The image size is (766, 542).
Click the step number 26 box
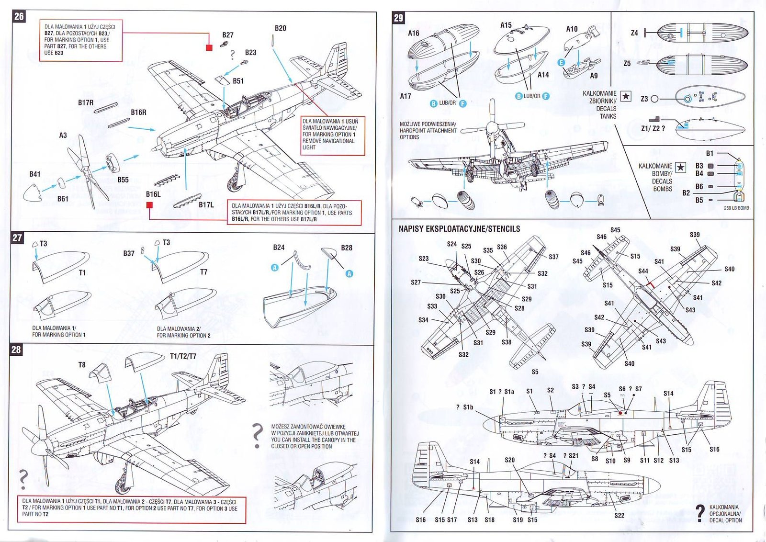coord(19,16)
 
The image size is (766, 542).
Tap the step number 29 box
coord(398,18)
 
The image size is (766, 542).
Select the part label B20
coord(281,28)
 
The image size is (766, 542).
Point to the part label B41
coord(35,174)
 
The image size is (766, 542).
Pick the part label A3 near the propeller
coord(63,135)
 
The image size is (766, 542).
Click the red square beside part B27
coord(209,47)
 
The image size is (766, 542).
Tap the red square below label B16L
coord(149,205)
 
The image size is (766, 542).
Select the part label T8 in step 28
coord(82,365)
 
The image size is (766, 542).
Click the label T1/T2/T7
coord(183,356)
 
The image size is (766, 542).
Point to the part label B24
coord(279,248)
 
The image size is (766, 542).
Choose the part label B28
coord(347,248)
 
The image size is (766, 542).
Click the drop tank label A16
coord(414,34)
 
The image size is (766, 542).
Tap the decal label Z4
coord(634,33)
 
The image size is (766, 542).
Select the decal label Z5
coord(627,63)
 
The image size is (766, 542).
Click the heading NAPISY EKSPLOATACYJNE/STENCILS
coord(459,229)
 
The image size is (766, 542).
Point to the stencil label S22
coord(619,515)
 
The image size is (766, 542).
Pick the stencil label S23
coord(424,259)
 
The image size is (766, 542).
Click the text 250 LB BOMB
coord(736,208)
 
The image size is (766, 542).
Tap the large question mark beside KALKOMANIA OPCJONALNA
coord(700,513)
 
